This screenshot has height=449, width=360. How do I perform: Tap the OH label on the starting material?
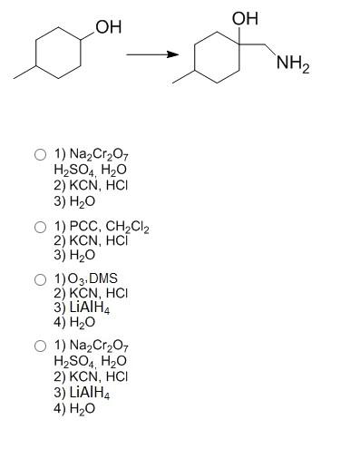pyautogui.click(x=108, y=27)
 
